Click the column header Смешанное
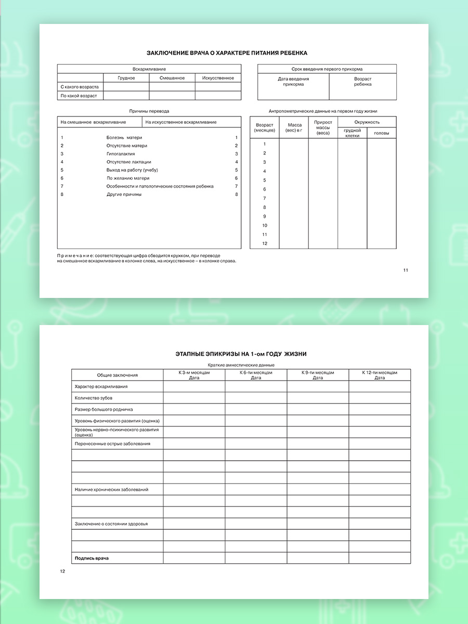pyautogui.click(x=172, y=78)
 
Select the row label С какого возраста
pyautogui.click(x=80, y=87)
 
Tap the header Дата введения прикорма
pyautogui.click(x=293, y=82)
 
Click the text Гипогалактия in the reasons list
pyautogui.click(x=121, y=154)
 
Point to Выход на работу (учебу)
pyautogui.click(x=132, y=170)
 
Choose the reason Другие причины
pyautogui.click(x=124, y=194)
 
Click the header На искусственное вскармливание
pyautogui.click(x=181, y=122)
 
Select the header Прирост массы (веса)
pyautogui.click(x=323, y=128)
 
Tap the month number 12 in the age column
pyautogui.click(x=265, y=244)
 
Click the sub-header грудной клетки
pyautogui.click(x=352, y=133)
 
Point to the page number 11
pyautogui.click(x=406, y=270)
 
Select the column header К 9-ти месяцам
pyautogui.click(x=318, y=375)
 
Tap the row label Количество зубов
pyautogui.click(x=94, y=398)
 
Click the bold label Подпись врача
pyautogui.click(x=92, y=558)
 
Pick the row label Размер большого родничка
pyautogui.click(x=103, y=409)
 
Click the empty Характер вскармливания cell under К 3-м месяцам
pyautogui.click(x=194, y=386)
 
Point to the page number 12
pyautogui.click(x=63, y=571)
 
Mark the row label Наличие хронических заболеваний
pyautogui.click(x=111, y=489)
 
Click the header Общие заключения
pyautogui.click(x=118, y=375)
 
